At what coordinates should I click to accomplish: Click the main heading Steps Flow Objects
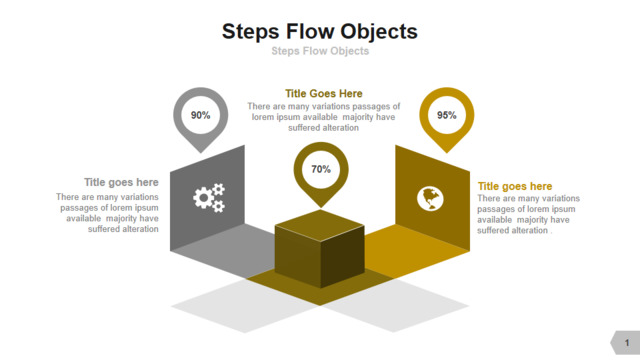point(320,32)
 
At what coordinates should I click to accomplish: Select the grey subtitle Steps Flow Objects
point(320,51)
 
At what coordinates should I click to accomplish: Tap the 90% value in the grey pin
point(200,116)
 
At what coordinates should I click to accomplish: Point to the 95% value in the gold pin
point(447,116)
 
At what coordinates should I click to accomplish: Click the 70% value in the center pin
point(321,169)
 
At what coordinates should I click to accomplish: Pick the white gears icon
point(209,198)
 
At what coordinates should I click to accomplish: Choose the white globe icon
point(430,199)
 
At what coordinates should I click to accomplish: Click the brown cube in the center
point(320,249)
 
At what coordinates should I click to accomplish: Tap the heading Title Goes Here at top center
point(324,94)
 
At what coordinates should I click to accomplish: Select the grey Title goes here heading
point(121,182)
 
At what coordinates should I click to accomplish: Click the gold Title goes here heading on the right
point(515,187)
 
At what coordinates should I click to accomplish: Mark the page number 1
point(627,343)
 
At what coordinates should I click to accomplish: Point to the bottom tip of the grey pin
point(201,153)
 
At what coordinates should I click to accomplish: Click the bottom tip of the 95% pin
point(447,153)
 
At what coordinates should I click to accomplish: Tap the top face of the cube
point(320,225)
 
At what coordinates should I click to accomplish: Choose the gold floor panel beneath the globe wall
point(416,250)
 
